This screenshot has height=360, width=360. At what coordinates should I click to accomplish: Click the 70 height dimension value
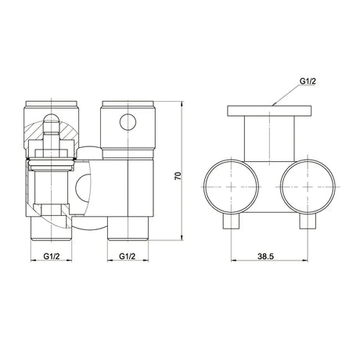point(178,175)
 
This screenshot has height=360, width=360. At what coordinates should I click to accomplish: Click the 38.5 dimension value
point(266,257)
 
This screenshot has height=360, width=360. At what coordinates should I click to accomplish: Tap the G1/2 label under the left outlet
point(52,256)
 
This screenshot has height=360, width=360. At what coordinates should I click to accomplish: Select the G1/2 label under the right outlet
point(128,256)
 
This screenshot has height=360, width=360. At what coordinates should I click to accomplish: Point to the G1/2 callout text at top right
point(308,81)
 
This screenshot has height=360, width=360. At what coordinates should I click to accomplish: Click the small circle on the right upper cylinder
point(128,122)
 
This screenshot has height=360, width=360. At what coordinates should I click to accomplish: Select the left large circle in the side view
point(231,187)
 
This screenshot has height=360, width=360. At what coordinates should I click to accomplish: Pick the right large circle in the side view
point(308,187)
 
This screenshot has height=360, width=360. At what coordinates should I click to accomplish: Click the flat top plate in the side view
point(269,110)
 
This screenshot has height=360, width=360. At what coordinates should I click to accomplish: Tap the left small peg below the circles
point(231,221)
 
